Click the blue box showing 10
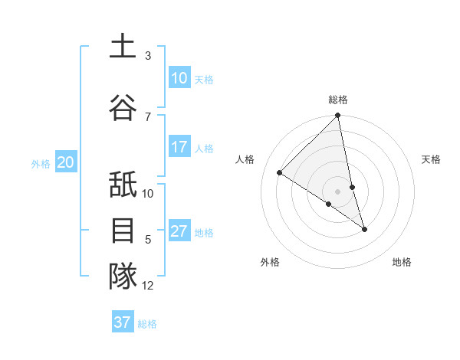pos(179,78)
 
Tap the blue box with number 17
pos(179,147)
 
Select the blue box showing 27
pos(179,231)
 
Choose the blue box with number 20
pos(66,162)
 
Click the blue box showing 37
pos(123,322)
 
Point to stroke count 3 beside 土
pos(148,56)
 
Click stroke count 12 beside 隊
pos(148,286)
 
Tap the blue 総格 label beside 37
pos(147,324)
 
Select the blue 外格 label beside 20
pos(41,163)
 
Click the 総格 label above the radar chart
pos(338,100)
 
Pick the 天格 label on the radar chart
pos(432,159)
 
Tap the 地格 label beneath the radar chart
pos(402,262)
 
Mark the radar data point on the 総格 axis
pos(338,116)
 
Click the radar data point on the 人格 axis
pos(280,172)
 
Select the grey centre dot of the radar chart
pos(338,191)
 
